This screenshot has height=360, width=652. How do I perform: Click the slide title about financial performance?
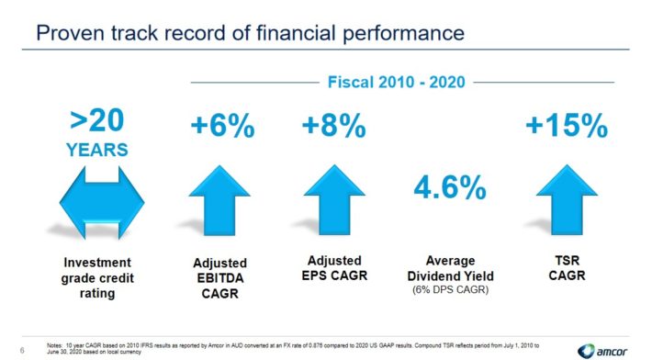click(251, 33)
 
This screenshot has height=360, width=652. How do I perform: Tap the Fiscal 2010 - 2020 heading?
click(397, 83)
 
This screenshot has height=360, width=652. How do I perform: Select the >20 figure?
click(97, 120)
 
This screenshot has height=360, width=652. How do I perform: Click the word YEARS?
click(97, 150)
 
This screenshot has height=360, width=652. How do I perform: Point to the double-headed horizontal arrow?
click(102, 203)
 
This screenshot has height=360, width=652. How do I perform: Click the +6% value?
click(222, 126)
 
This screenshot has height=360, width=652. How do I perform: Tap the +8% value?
click(334, 126)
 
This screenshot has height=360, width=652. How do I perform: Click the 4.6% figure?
click(450, 187)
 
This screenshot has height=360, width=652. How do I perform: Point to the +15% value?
click(567, 126)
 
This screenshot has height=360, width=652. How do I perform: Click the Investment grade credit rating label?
click(97, 277)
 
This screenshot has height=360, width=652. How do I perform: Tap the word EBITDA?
click(220, 278)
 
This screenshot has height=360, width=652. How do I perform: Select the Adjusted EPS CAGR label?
click(334, 268)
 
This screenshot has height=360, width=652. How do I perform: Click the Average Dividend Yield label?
click(450, 268)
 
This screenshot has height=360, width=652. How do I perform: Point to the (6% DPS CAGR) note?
click(450, 290)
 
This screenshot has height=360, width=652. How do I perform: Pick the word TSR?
click(568, 261)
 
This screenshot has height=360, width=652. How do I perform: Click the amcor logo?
click(602, 351)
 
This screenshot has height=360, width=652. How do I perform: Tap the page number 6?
click(22, 351)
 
